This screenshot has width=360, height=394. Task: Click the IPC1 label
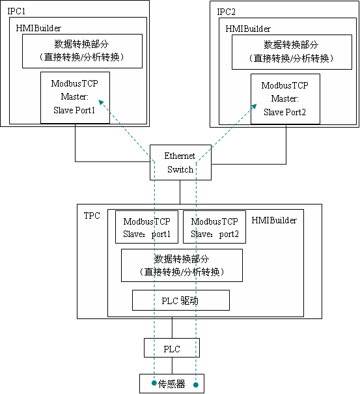point(16,11)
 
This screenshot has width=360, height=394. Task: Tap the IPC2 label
point(226,12)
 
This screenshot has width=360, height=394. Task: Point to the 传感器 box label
point(172,384)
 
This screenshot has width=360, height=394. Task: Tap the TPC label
point(92,216)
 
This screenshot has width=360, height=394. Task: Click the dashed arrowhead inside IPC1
point(101,102)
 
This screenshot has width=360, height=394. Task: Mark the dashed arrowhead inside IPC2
point(254,106)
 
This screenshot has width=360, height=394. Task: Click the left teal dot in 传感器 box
point(154,383)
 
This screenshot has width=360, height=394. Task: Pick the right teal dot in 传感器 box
point(196,385)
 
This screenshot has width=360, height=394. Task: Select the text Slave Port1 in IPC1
point(74,110)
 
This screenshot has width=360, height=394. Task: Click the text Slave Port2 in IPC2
point(284,112)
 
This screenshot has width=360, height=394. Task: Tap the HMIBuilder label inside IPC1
point(38,28)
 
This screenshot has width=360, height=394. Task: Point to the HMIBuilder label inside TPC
point(274,220)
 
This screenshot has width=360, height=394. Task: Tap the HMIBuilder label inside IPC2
point(248,29)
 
